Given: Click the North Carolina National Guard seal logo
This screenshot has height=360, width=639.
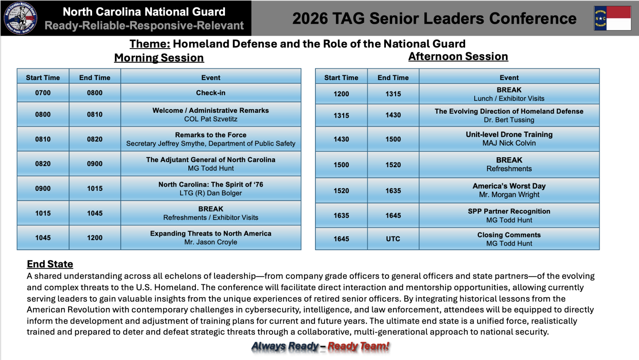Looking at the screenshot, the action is pos(20,18).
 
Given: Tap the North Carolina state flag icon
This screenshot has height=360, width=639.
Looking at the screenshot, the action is pos(612,18).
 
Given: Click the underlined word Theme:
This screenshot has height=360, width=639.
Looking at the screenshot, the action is pos(150,44).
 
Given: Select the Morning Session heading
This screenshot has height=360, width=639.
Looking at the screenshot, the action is pos(159,58).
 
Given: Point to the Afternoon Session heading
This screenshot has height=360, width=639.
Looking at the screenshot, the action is pos(458,56).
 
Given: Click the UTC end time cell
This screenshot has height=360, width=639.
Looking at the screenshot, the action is pos(393,239).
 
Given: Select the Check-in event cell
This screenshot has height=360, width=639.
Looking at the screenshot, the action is pos(211,92).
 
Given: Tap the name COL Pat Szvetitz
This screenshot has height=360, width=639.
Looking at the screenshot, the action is pos(211,119).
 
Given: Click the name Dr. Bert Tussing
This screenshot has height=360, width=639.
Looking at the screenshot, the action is pos(509,120).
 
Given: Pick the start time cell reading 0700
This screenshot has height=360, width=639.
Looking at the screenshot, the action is pos(43,92).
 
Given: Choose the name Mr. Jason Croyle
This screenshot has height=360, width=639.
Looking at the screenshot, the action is pos(211,242).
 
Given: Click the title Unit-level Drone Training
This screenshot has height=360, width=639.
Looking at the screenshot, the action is pos(509,134).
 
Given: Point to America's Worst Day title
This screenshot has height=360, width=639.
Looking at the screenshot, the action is pos(509,186).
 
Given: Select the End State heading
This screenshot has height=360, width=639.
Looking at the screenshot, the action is pos(50,264).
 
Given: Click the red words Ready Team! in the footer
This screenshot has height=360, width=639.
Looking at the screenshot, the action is pos(359,346).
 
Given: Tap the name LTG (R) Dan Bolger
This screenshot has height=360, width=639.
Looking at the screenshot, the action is pos(211,193).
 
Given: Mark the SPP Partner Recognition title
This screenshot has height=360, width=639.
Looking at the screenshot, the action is pos(509,211).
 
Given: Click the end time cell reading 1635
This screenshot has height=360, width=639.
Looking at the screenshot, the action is pos(393,191).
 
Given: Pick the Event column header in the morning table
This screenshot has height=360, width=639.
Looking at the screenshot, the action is pos(211,78).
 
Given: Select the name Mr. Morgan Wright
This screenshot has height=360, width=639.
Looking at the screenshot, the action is pos(509,195).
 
